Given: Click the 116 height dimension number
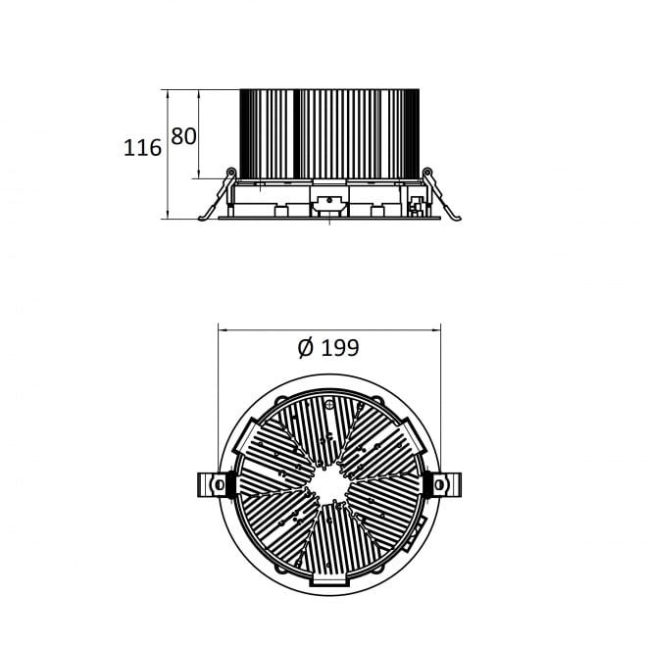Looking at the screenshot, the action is coord(142,148).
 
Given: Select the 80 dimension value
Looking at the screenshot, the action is coord(183,136).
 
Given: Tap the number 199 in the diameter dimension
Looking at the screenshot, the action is coord(340,347).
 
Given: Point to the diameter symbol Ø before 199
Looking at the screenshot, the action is coord(306,347).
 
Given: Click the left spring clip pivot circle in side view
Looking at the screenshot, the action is coord(231,172).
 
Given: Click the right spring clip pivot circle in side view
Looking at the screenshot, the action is coord(427,172).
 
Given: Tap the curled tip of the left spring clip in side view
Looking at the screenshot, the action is coord(202,218).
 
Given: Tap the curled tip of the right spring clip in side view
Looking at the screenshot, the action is coord(457,218).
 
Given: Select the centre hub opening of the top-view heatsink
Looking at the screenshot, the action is coord(329,485).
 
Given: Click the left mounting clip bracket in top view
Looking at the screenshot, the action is coord(212,484).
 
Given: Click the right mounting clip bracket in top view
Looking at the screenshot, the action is coord(447,484).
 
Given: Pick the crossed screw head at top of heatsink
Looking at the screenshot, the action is coord(328,405).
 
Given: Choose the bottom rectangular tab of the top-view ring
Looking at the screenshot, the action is coord(328,579).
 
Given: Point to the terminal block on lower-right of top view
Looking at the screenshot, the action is coord(414,534).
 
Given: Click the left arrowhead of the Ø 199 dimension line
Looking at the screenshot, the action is coord(223,329).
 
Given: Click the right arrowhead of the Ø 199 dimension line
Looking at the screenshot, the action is coord(435,329).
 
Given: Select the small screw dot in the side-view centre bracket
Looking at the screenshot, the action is coord(329,201).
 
